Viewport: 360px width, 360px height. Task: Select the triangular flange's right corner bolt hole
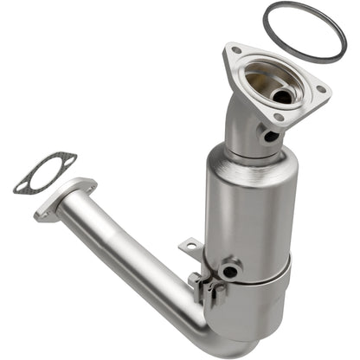coord(320,89)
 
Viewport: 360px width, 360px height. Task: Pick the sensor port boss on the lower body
coord(229,272)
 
